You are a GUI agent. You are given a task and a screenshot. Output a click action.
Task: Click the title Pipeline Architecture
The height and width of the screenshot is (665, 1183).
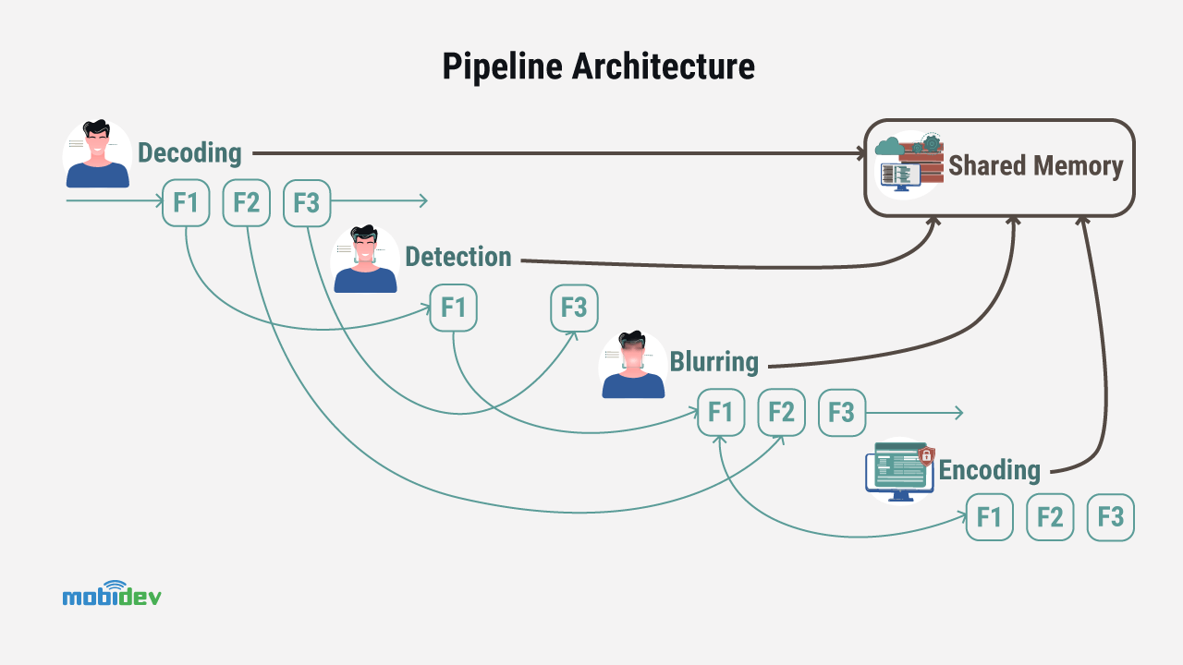pos(598,66)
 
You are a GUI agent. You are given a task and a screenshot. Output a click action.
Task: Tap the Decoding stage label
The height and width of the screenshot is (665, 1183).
pos(189,152)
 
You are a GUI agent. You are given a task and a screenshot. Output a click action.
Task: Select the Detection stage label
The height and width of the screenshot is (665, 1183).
pos(457,257)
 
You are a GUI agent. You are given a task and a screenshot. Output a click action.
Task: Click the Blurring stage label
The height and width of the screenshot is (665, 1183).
pos(713,361)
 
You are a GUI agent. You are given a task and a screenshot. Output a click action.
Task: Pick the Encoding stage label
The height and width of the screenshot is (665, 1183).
pos(989,469)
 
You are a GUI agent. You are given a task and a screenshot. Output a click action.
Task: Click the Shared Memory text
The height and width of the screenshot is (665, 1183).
pos(1035,166)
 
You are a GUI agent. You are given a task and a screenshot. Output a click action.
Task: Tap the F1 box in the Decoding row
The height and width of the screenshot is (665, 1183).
pos(186,202)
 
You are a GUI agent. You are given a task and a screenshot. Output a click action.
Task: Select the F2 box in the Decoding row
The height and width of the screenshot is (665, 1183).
pos(247,202)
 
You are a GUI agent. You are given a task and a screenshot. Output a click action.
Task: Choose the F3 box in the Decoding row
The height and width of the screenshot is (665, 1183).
pos(307,202)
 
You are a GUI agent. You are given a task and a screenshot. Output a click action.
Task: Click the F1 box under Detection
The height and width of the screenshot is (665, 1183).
pos(454,308)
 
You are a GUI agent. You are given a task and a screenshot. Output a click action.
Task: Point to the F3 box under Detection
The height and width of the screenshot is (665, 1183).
pos(574,308)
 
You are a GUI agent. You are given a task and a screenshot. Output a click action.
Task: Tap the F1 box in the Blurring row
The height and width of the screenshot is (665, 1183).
pos(721,412)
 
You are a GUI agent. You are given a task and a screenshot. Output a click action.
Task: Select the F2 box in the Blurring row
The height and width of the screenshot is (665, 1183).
pos(781,412)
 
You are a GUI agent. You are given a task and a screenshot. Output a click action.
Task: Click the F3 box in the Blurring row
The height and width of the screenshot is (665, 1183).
pos(841,412)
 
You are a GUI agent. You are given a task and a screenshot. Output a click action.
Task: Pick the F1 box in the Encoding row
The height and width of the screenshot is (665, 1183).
pos(990,517)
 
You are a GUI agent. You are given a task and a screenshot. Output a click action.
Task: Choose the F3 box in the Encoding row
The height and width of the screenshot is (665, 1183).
pos(1110,517)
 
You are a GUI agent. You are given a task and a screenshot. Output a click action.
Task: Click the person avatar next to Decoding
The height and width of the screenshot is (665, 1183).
pos(97,154)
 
